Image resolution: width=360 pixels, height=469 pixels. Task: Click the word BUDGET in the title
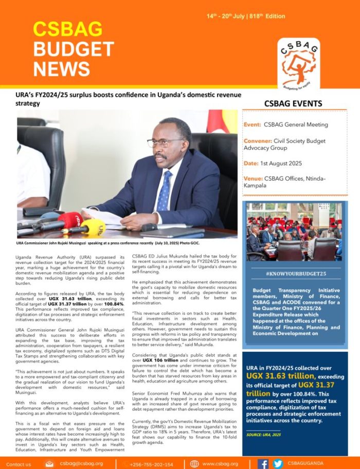74,49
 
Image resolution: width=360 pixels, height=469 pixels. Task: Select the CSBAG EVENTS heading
293,104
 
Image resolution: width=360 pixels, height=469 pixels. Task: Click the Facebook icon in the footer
263,463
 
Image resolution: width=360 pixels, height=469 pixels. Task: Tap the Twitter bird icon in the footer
278,463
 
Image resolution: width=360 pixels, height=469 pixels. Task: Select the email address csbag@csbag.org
81,463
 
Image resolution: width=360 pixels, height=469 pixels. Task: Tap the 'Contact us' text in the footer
19,464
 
